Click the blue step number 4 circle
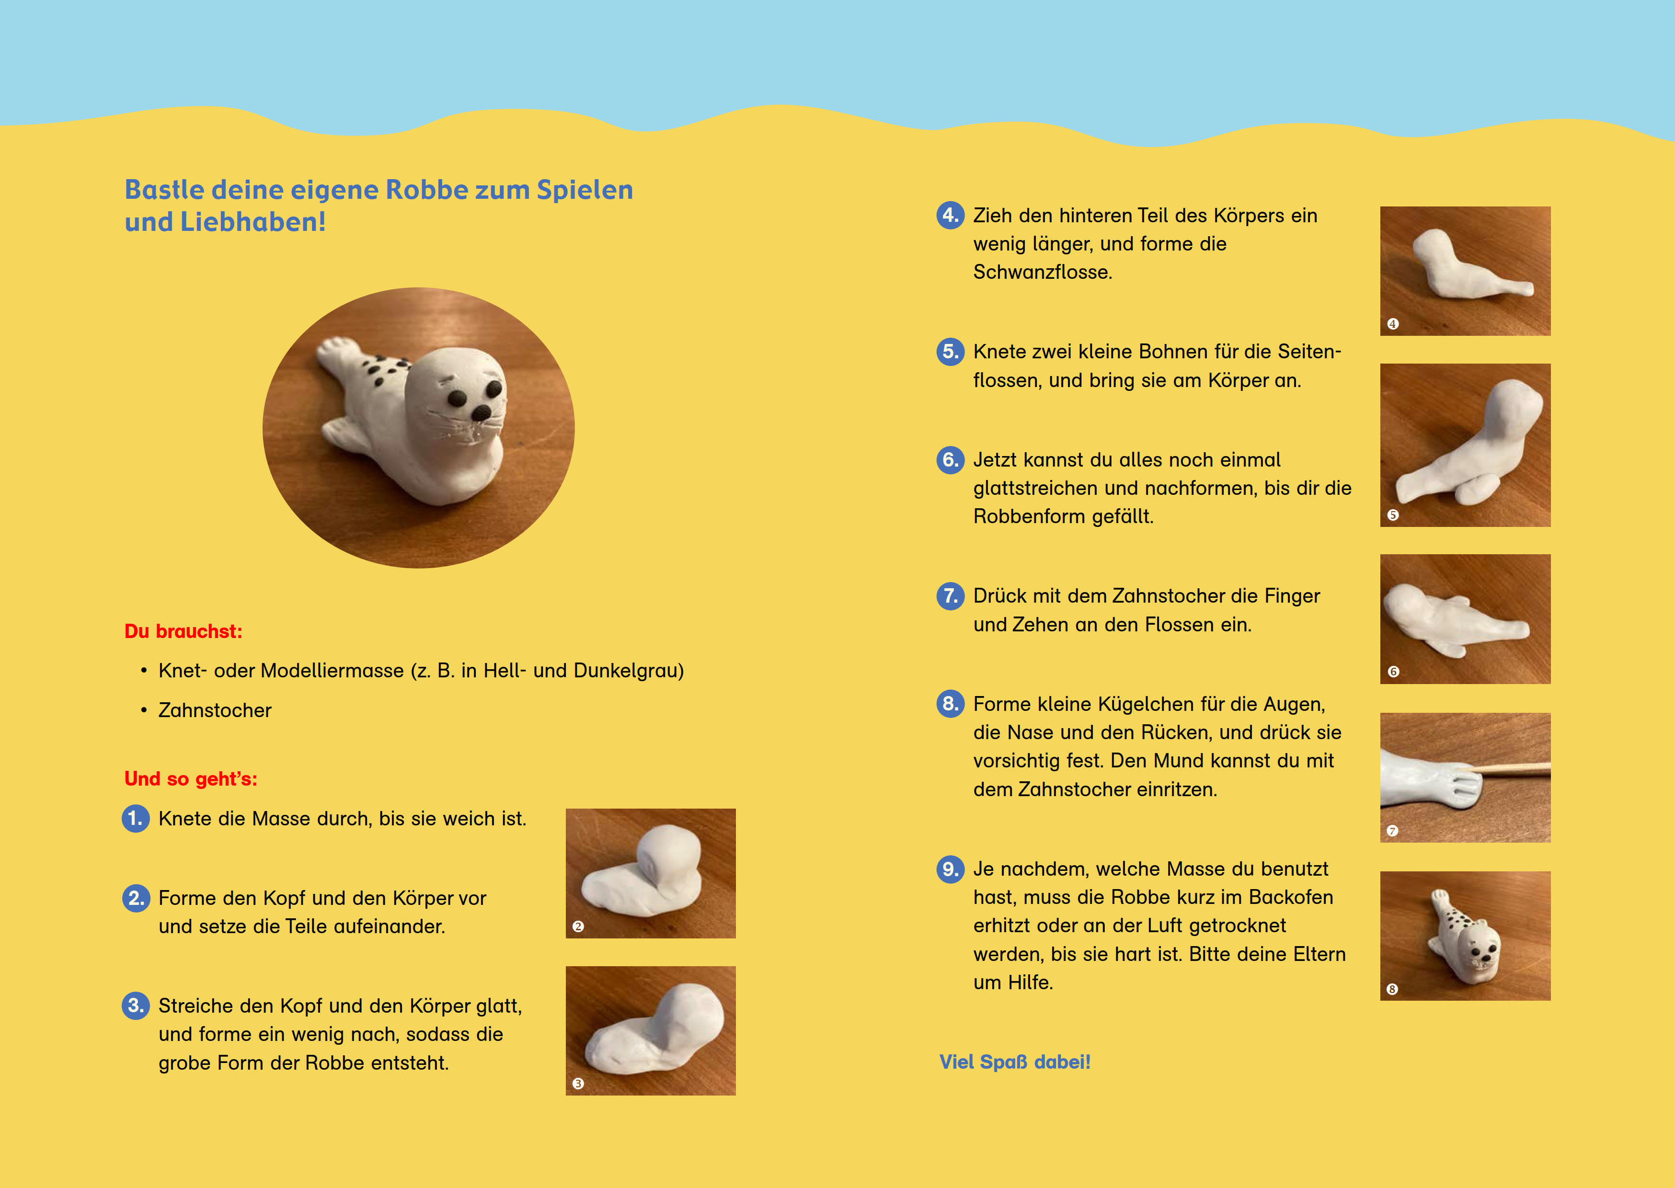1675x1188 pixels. [950, 215]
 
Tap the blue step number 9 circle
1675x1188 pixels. [950, 869]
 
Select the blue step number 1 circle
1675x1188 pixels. [135, 819]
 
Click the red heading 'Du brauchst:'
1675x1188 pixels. [183, 631]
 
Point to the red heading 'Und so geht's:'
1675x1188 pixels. [191, 779]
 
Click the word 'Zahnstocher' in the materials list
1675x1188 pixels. [215, 710]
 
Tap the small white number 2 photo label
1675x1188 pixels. [578, 927]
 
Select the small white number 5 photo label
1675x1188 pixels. [1393, 515]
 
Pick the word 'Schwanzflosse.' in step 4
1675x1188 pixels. [1042, 272]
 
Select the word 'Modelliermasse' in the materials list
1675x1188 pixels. [332, 671]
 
